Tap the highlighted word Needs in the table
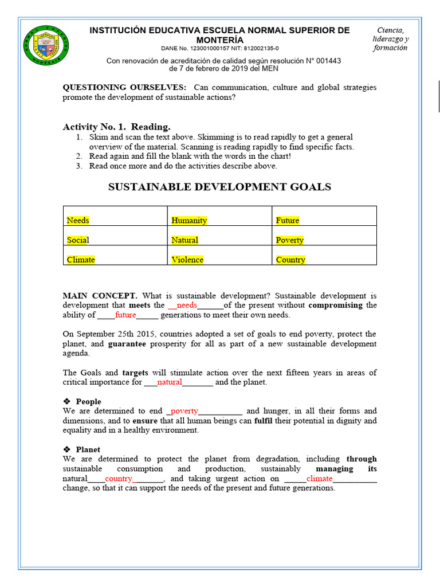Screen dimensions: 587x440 78,220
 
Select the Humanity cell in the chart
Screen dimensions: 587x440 189,220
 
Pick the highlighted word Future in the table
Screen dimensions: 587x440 288,220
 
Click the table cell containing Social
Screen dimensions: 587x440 78,240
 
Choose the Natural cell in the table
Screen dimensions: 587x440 184,240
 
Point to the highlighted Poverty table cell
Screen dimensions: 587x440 289,240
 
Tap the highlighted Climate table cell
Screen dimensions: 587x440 81,260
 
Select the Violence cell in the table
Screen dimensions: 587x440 187,260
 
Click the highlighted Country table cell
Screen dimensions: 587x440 290,260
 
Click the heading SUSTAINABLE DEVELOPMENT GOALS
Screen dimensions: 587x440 220,187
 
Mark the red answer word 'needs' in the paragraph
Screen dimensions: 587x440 187,306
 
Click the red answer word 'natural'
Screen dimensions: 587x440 170,382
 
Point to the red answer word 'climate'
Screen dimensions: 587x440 319,479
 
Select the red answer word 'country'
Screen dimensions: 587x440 119,479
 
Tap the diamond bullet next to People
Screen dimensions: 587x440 66,402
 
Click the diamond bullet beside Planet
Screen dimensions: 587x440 66,450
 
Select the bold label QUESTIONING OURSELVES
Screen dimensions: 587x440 124,88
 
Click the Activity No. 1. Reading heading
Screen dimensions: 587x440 116,127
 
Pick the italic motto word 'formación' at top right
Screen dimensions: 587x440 390,48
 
